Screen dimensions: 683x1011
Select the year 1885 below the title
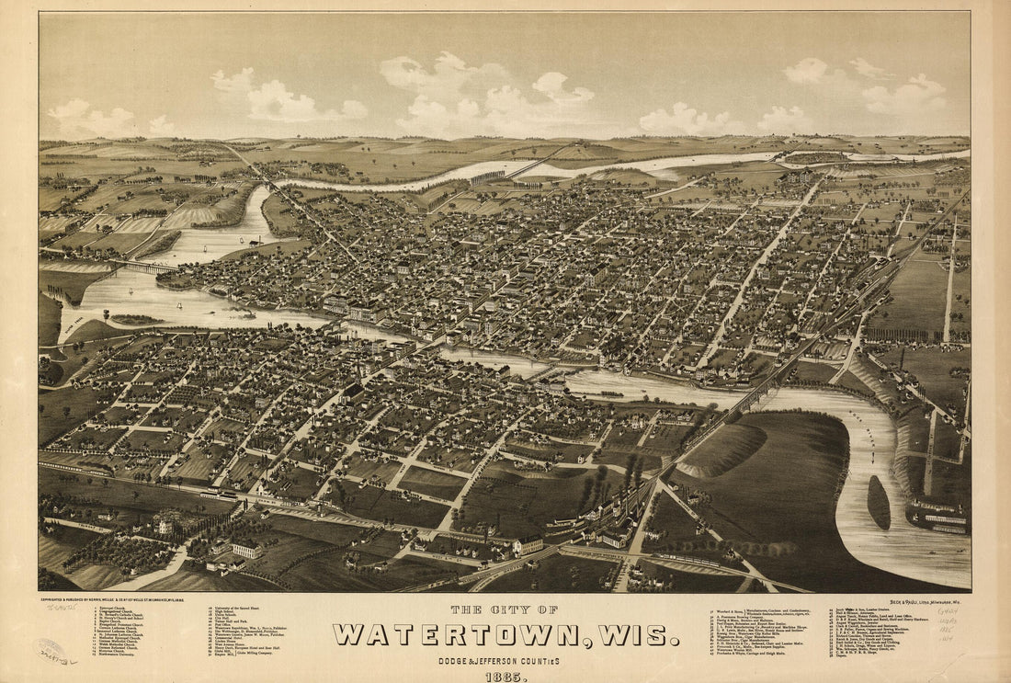tap(505, 677)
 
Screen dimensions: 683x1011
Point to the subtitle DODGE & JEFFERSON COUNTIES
tap(505, 660)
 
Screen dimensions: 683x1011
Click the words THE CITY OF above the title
tap(505, 609)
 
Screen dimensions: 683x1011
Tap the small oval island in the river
tap(879, 502)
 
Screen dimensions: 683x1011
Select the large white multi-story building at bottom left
tap(245, 549)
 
